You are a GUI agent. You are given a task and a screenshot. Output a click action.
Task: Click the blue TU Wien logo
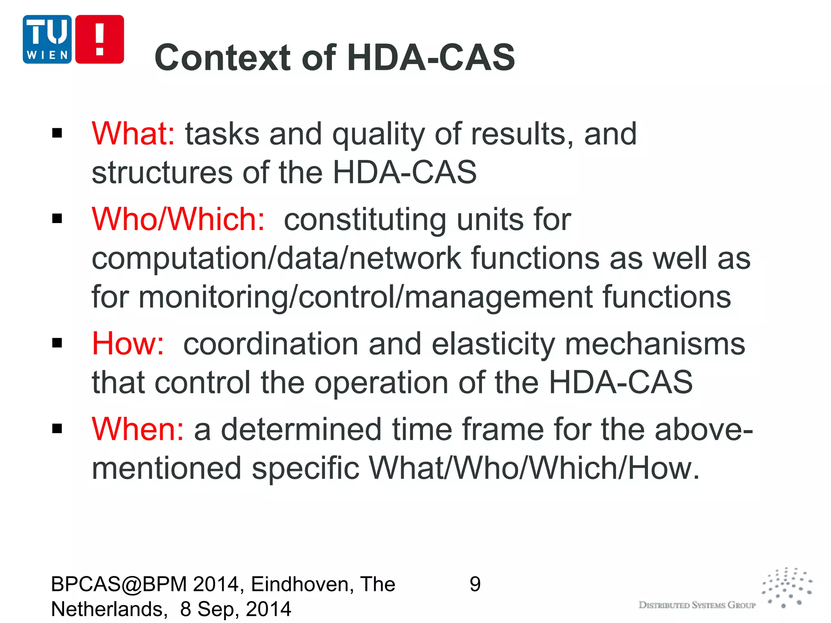47,39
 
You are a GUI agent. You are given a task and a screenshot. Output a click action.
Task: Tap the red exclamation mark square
99,39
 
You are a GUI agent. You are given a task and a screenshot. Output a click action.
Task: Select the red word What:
133,134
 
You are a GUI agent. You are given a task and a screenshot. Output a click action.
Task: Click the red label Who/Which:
178,219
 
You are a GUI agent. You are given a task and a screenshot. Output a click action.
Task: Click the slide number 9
475,584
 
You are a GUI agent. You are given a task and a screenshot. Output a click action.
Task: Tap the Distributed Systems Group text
697,605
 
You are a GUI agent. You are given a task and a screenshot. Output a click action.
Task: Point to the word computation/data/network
276,258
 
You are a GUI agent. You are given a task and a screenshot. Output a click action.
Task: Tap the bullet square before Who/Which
57,219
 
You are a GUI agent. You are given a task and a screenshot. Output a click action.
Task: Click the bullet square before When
57,429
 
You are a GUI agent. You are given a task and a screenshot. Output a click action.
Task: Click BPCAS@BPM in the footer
119,584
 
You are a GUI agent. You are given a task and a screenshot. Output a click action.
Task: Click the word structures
162,173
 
